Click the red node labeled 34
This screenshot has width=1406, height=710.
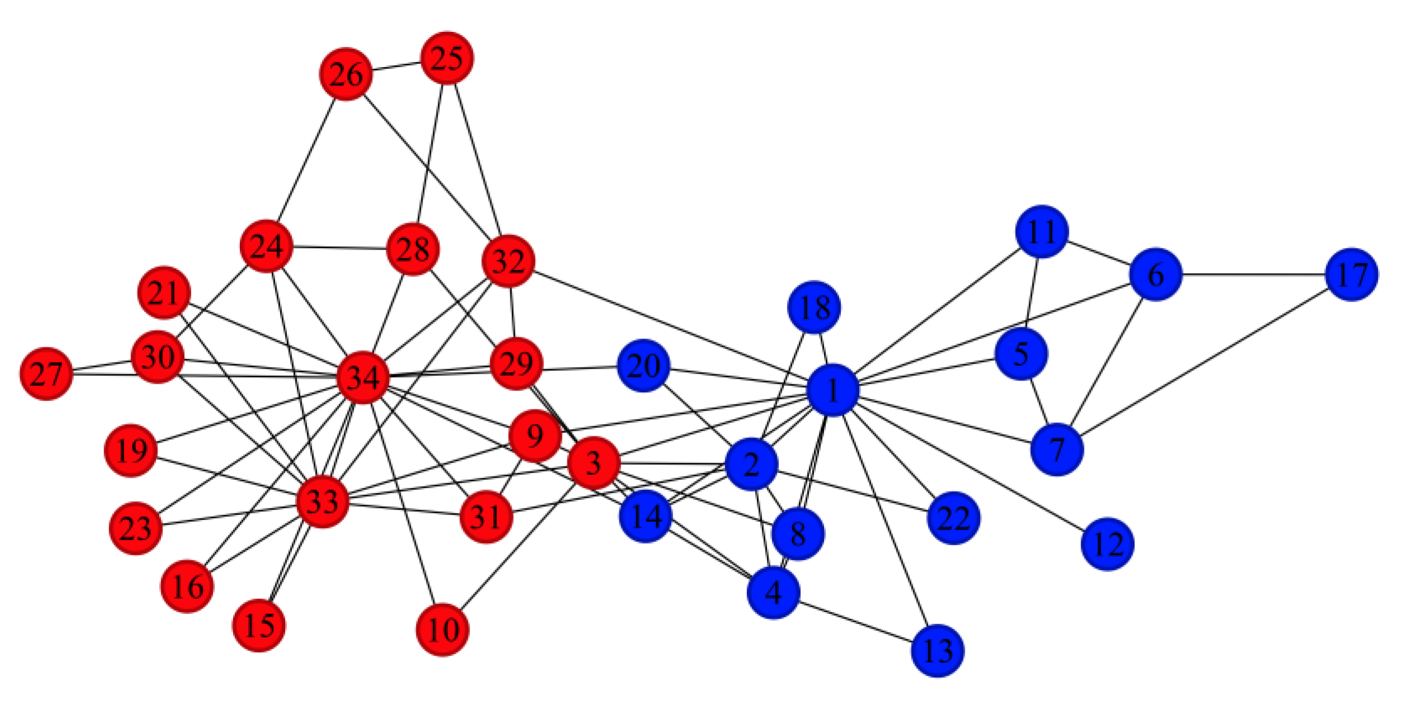click(x=363, y=378)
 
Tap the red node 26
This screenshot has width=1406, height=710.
click(x=346, y=74)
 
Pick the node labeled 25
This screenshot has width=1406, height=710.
click(x=447, y=58)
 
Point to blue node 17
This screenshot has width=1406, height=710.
click(x=1351, y=274)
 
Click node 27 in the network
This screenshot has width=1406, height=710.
click(x=46, y=374)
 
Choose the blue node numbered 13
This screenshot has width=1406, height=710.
click(x=938, y=650)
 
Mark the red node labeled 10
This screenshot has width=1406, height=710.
click(x=442, y=630)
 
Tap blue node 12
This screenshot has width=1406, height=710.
click(x=1107, y=544)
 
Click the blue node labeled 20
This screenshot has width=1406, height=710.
click(x=643, y=365)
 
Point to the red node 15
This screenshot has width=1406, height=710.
click(x=259, y=625)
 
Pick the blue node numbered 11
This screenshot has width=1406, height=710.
click(x=1042, y=231)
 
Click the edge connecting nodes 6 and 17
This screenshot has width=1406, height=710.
click(x=1253, y=274)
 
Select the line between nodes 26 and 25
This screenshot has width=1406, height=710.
click(x=396, y=66)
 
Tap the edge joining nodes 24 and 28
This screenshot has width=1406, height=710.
click(x=339, y=247)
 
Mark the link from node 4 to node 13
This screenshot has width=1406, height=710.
click(x=855, y=621)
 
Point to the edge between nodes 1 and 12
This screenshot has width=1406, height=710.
click(x=970, y=466)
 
